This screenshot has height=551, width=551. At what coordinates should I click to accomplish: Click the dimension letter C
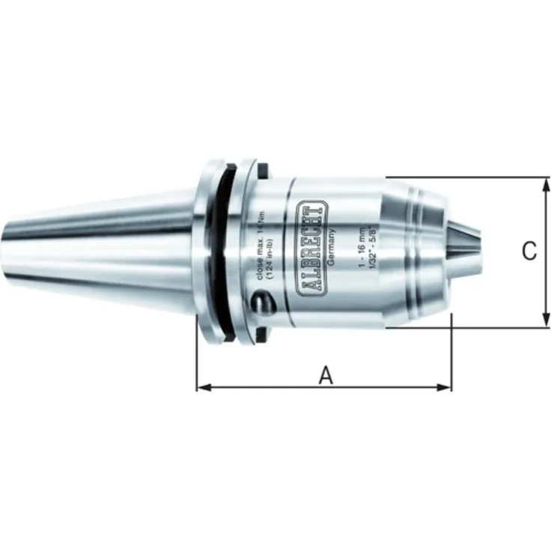point(529,252)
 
